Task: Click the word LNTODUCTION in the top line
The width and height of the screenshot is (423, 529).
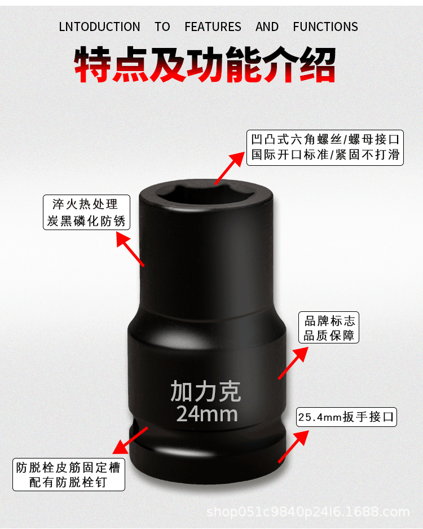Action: click(x=99, y=27)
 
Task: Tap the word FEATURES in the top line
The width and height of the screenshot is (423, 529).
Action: click(x=213, y=27)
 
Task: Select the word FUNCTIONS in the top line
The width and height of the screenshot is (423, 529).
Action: click(x=325, y=27)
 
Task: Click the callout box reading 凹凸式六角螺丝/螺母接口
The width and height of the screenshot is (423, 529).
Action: click(x=325, y=147)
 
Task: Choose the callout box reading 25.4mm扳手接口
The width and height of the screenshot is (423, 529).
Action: click(x=347, y=418)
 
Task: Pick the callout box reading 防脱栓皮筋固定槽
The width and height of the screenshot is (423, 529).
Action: click(x=69, y=475)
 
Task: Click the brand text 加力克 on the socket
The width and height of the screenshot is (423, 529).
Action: click(x=206, y=391)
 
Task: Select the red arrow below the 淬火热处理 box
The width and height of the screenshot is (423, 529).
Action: click(x=130, y=249)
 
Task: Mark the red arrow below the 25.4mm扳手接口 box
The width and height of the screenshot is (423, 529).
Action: click(x=294, y=445)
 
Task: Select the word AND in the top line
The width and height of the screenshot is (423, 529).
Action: click(x=267, y=27)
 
